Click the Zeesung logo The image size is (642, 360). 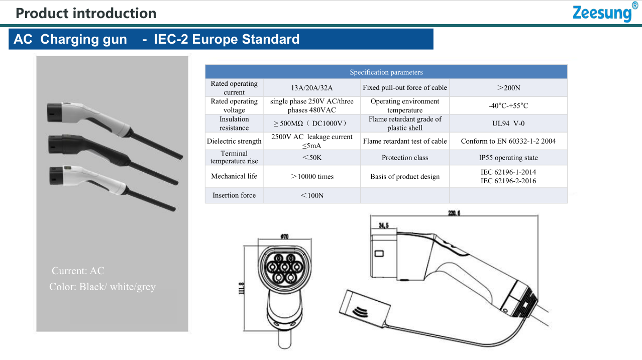tap(605, 12)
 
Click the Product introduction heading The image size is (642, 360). tap(86, 13)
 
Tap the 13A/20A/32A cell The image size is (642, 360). tap(312, 88)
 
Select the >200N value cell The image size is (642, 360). tap(508, 88)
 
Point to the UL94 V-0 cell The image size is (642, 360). tap(508, 124)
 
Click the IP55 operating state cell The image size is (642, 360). tap(508, 158)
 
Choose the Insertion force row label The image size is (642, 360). tap(234, 195)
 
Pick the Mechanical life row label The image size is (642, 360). tap(234, 176)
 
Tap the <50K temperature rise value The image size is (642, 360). tap(312, 158)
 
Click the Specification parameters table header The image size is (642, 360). tap(386, 72)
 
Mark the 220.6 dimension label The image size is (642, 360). tap(454, 213)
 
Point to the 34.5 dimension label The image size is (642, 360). tap(384, 225)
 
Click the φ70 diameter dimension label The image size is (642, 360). tap(285, 236)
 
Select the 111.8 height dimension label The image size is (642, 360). tap(241, 288)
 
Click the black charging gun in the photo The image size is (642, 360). tap(115, 155)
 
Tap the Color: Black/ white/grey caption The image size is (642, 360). tap(102, 287)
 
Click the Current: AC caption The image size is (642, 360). tap(78, 271)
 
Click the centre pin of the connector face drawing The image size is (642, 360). tap(285, 268)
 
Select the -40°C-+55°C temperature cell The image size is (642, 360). tap(508, 105)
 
